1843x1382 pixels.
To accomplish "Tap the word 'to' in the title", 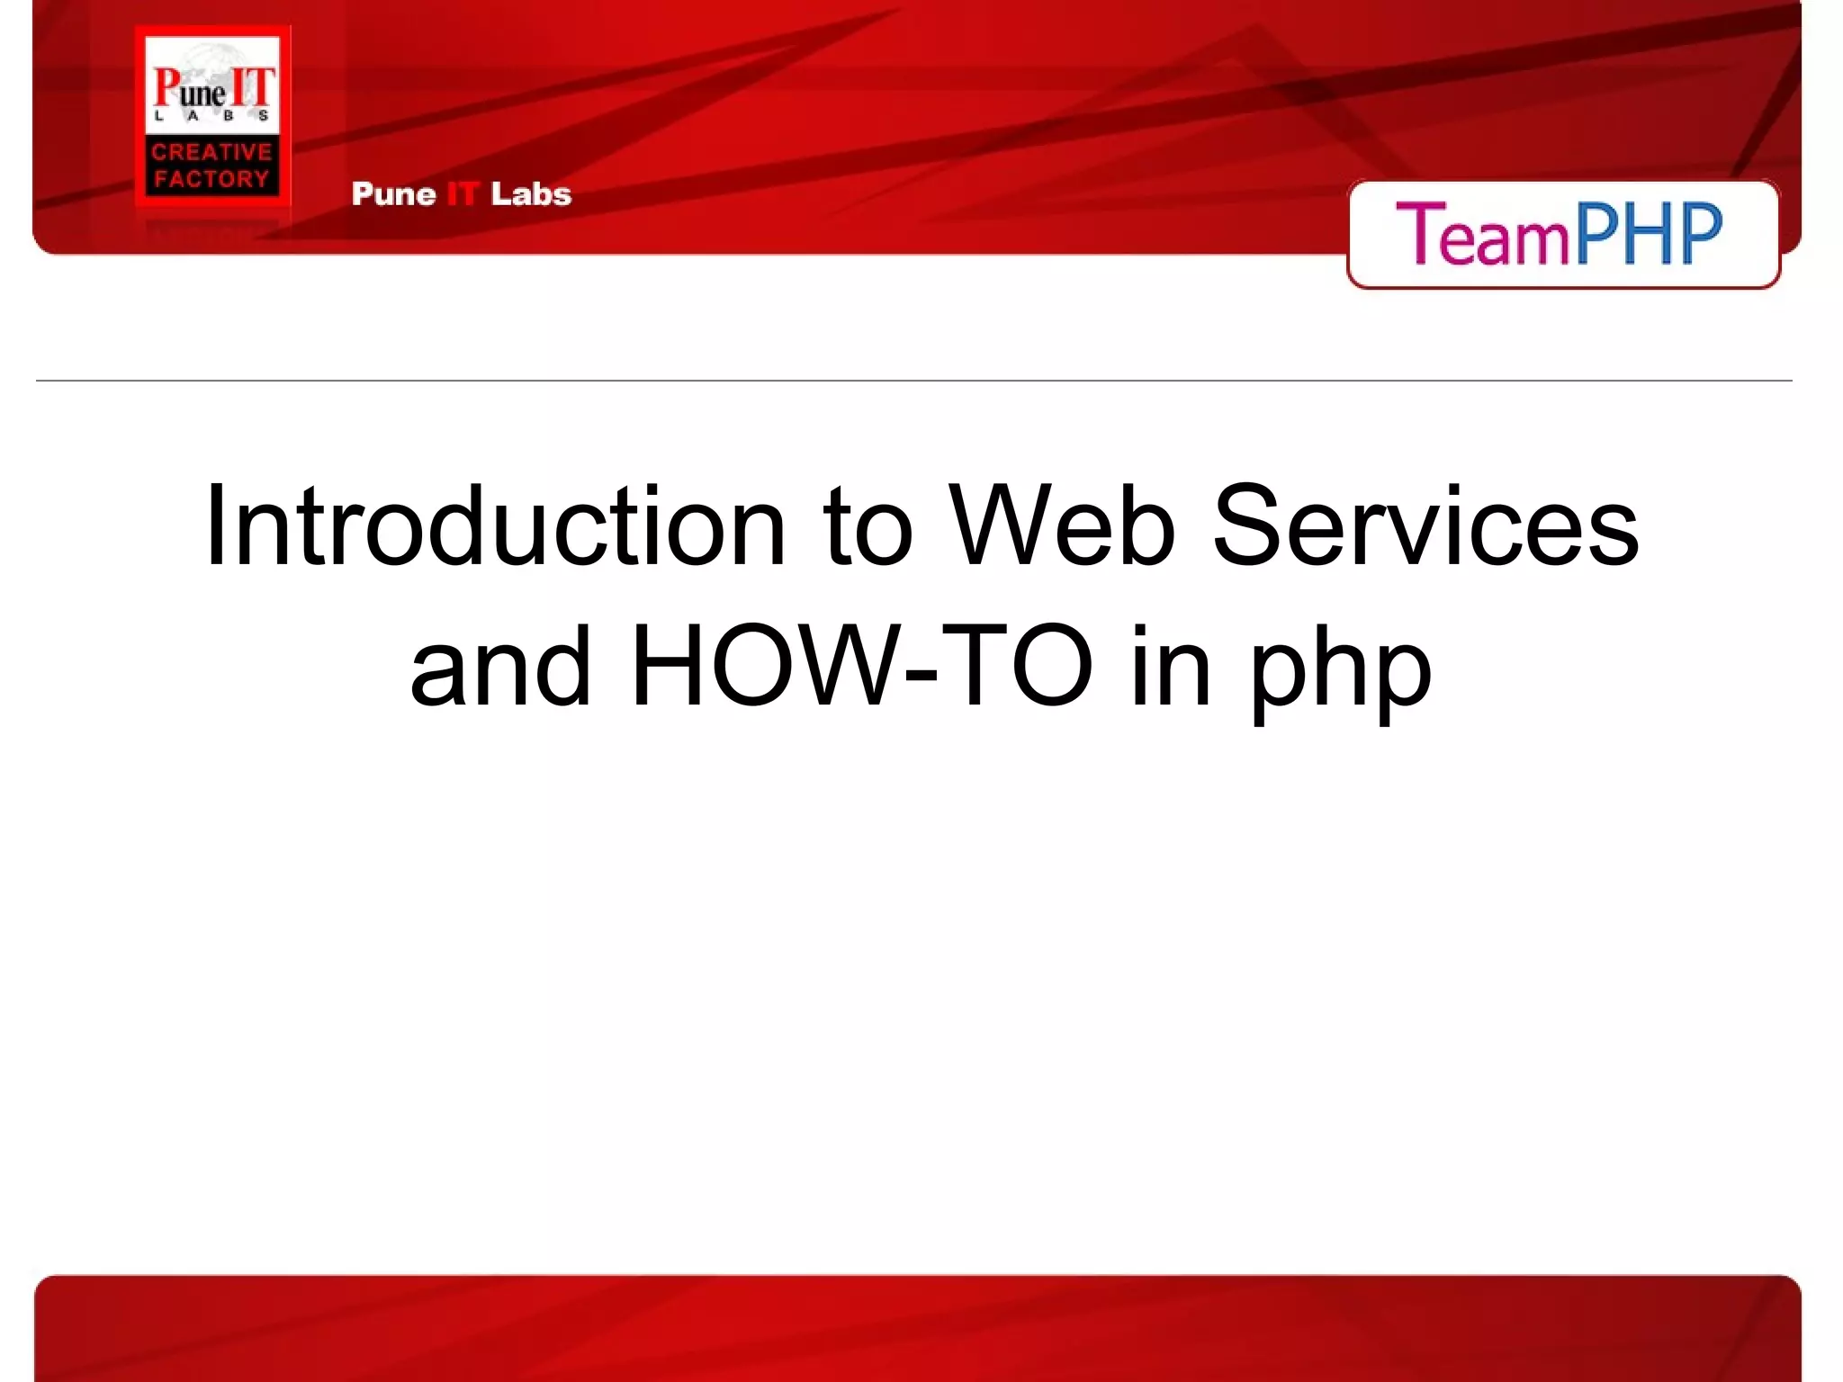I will (868, 529).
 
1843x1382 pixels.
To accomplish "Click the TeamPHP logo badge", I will (1562, 235).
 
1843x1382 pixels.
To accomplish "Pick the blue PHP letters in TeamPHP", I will (1649, 233).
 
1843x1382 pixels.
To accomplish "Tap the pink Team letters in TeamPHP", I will (1481, 235).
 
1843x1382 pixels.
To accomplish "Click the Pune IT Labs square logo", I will (212, 115).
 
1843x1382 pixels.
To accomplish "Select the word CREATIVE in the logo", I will (212, 152).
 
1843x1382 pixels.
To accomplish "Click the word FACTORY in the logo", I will (212, 179).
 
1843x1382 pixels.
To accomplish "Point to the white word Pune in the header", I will (393, 194).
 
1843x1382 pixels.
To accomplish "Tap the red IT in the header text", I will (462, 194).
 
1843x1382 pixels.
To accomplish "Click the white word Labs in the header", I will (531, 194).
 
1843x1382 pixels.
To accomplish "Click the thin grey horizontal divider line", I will (913, 381).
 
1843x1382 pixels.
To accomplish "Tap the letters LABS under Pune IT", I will (212, 116).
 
